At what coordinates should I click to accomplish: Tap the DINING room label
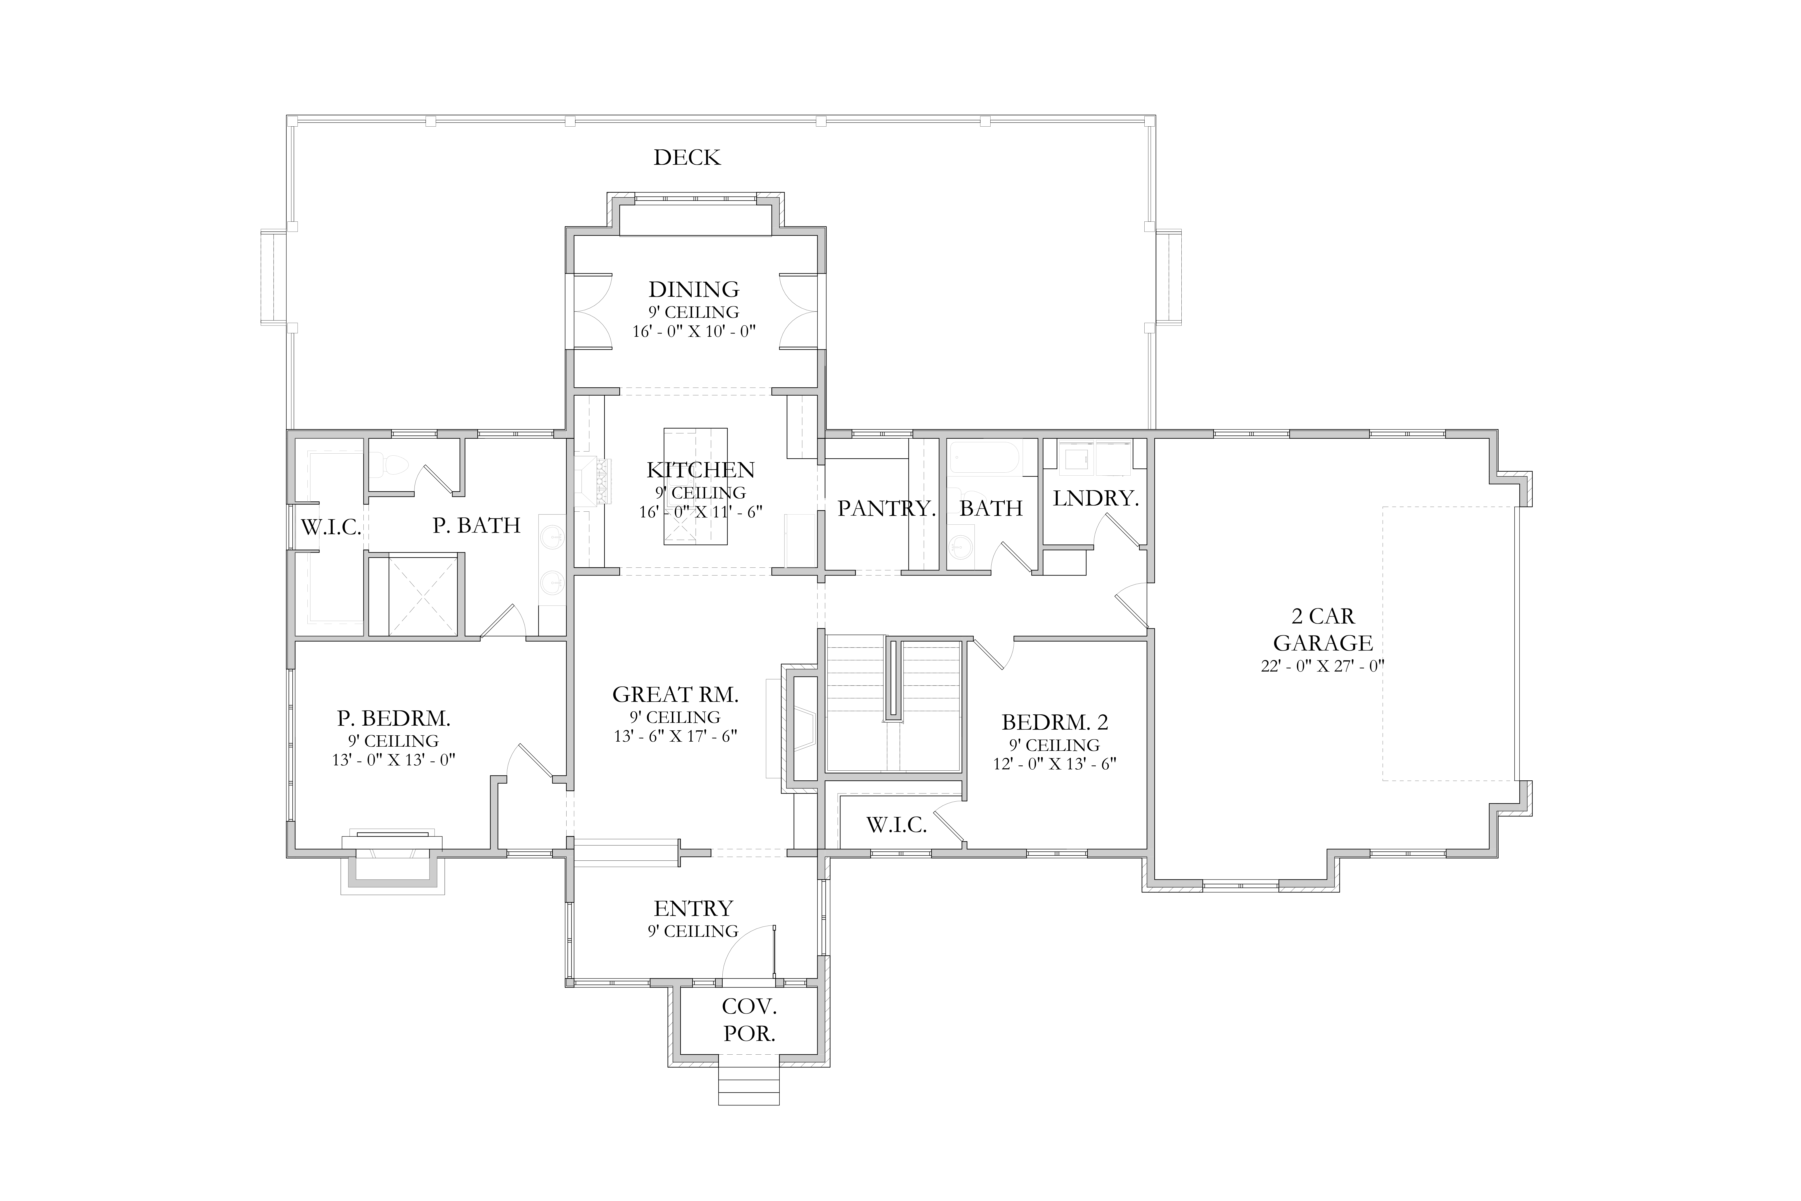(x=694, y=289)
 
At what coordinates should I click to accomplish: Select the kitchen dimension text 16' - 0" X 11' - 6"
(x=701, y=512)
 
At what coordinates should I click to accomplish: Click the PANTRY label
(x=886, y=509)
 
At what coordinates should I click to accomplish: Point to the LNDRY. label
(x=1096, y=499)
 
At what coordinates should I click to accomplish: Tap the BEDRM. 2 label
(x=1054, y=722)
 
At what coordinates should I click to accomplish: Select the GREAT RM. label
(x=675, y=695)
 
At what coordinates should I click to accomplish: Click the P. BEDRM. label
(x=393, y=718)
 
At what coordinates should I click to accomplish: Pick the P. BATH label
(x=476, y=525)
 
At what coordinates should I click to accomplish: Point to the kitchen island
(x=695, y=486)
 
